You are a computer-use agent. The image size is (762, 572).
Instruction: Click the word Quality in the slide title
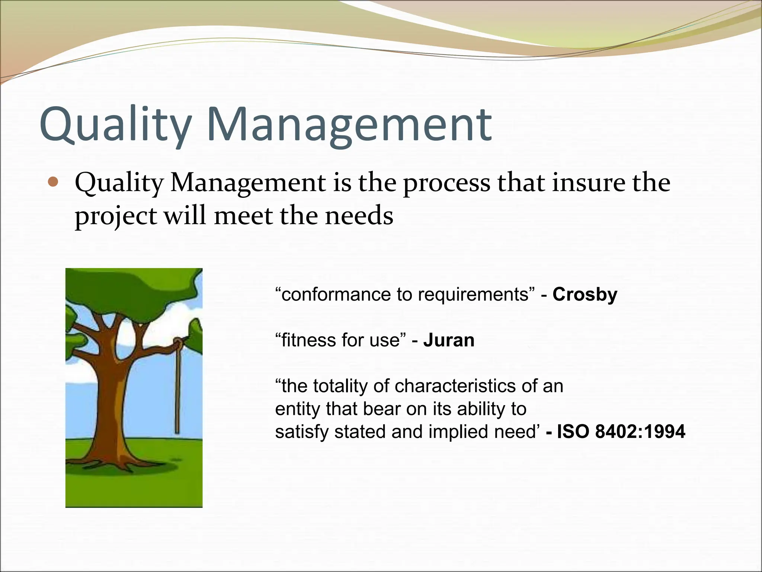pos(115,125)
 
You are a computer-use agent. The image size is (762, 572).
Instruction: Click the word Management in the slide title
pos(350,125)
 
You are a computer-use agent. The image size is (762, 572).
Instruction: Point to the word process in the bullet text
pos(446,183)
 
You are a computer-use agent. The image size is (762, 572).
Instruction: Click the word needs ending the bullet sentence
pos(359,216)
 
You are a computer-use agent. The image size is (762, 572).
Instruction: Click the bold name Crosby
pos(585,294)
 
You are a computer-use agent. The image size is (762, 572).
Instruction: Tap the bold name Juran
pos(449,340)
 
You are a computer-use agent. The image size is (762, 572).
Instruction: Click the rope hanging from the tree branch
pos(177,391)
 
